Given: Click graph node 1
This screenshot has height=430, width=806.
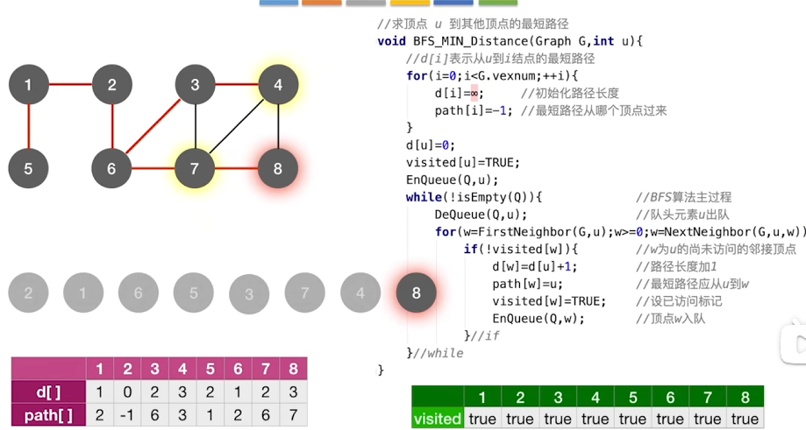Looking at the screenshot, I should tap(29, 85).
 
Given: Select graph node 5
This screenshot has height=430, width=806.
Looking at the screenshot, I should tap(29, 167).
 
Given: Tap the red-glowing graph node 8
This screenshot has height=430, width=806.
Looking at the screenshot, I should tap(278, 167).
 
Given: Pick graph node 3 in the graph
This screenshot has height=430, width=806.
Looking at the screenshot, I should tap(195, 85).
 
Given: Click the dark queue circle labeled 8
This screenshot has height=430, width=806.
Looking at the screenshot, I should tap(417, 293).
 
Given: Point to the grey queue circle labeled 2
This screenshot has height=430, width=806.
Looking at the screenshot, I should tap(29, 293).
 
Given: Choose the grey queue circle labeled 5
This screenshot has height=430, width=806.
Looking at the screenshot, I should tap(194, 293).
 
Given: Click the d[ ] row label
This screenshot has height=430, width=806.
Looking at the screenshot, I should tap(47, 391).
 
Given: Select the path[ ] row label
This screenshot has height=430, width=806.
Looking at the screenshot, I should tap(47, 414).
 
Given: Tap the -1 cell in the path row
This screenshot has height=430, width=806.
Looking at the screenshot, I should tap(127, 414).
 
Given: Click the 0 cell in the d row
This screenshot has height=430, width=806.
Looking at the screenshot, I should tap(127, 391).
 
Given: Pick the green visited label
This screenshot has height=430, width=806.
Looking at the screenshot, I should tap(437, 419).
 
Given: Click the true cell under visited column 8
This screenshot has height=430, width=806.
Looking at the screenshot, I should tap(745, 419).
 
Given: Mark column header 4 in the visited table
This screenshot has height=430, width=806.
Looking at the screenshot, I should tap(595, 397).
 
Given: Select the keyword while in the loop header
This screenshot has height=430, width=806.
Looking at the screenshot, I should tap(424, 197).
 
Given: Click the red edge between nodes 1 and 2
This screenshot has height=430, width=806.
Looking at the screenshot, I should tap(70, 85).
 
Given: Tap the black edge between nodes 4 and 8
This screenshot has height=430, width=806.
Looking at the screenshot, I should tap(278, 126).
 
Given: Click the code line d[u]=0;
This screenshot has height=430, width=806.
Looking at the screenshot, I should tap(431, 145).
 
